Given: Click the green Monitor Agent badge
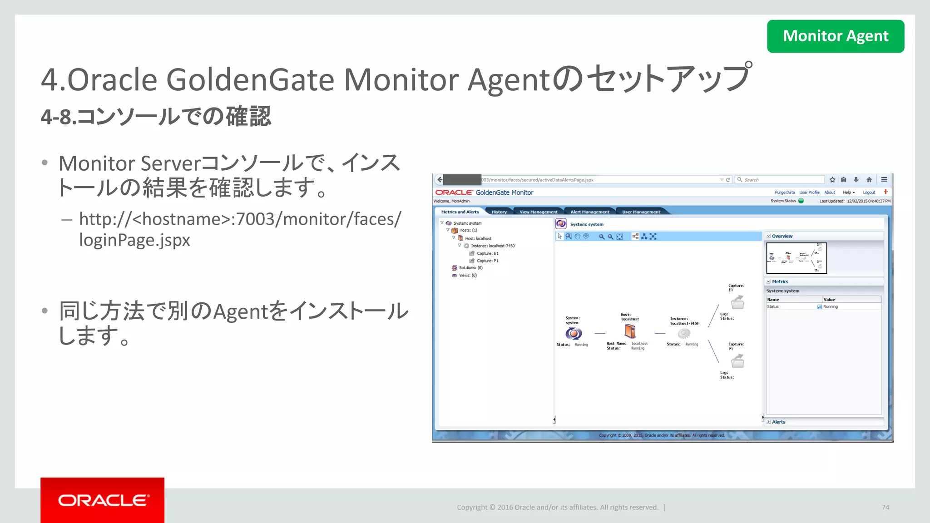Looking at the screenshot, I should point(835,36).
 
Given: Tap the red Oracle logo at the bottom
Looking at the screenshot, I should point(102,500).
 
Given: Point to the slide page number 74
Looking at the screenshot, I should point(885,507).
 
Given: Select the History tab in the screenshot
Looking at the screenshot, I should point(499,212).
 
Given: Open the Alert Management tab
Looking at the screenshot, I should point(589,212).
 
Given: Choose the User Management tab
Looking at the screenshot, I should point(641,212).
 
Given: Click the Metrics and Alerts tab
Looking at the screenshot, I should point(460,212).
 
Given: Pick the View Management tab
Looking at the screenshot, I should point(538,212).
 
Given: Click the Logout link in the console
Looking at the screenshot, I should point(869,192).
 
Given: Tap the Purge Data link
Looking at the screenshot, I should point(784,192).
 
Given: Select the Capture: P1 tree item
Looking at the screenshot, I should point(487,261).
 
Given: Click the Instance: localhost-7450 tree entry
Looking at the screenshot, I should point(492,246).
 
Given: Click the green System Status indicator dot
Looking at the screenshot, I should point(801,201).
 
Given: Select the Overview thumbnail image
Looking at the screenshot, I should point(796,258).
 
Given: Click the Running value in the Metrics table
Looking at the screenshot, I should point(830,307).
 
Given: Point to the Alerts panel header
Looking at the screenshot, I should point(778,422).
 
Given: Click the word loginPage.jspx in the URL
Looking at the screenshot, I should point(134,240).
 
